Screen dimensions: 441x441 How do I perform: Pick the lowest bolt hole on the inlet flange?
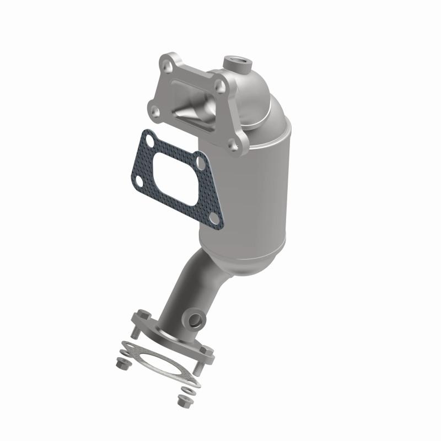[235, 146]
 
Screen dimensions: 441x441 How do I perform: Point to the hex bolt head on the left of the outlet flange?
[140, 317]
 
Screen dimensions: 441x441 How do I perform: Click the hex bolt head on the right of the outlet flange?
[207, 351]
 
